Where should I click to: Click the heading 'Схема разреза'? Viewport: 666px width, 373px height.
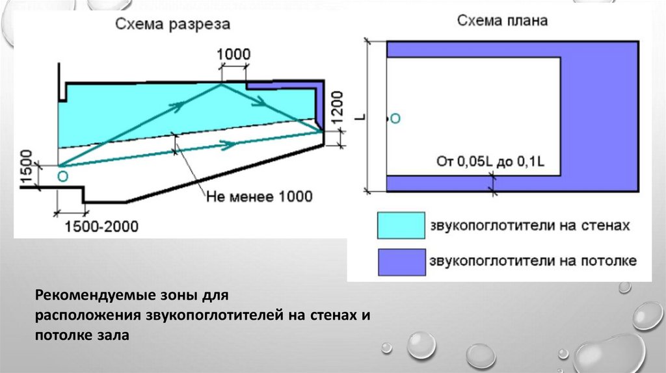[172, 25]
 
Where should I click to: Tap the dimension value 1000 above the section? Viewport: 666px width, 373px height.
[233, 54]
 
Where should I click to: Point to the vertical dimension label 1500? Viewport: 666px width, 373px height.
[25, 167]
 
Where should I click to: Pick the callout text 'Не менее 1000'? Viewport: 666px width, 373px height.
[260, 196]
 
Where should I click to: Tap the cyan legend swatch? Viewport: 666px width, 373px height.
[401, 226]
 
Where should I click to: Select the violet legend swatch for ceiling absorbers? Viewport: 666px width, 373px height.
[401, 261]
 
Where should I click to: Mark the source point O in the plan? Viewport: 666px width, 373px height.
[395, 118]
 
